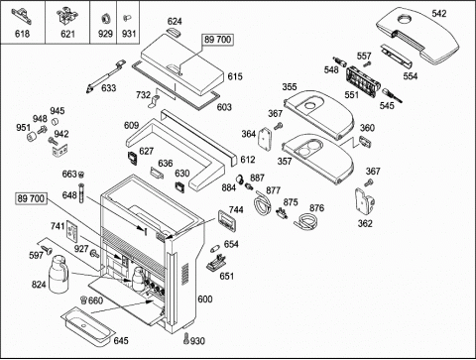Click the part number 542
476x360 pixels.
pyautogui.click(x=439, y=14)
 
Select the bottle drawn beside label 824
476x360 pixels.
pyautogui.click(x=59, y=274)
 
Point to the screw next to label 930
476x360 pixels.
pyautogui.click(x=186, y=338)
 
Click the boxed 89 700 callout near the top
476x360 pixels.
pyautogui.click(x=217, y=40)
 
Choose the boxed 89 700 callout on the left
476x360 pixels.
pyautogui.click(x=31, y=198)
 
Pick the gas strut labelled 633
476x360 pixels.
pyautogui.click(x=105, y=76)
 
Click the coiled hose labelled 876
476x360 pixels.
pyautogui.click(x=306, y=221)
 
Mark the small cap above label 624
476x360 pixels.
pyautogui.click(x=174, y=32)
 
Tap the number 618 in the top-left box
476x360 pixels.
pyautogui.click(x=22, y=34)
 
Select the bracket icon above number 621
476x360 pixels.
pyautogui.click(x=67, y=16)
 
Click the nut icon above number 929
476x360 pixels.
pyautogui.click(x=105, y=18)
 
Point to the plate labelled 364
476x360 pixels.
pyautogui.click(x=265, y=138)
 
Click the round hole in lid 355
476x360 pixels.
pyautogui.click(x=310, y=106)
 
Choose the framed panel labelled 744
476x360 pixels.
pyautogui.click(x=227, y=220)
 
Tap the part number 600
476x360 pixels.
pyautogui.click(x=205, y=300)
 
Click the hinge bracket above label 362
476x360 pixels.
pyautogui.click(x=365, y=202)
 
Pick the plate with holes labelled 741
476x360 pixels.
pyautogui.click(x=72, y=230)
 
